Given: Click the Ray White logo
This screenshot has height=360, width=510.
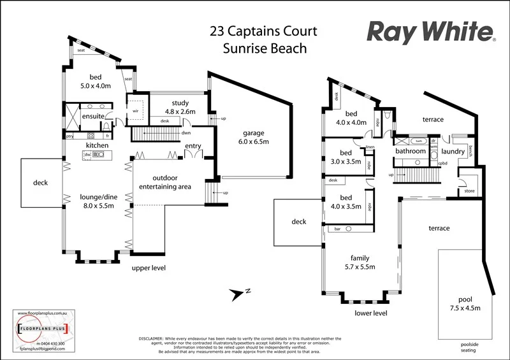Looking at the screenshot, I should pyautogui.click(x=431, y=31).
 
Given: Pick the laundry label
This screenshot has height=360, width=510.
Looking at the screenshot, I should pyautogui.click(x=452, y=152).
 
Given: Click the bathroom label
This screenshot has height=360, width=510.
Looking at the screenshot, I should pyautogui.click(x=410, y=152).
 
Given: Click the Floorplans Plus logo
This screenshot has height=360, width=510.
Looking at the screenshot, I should pyautogui.click(x=43, y=329).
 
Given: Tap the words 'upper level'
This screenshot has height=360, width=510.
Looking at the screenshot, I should pyautogui.click(x=149, y=268).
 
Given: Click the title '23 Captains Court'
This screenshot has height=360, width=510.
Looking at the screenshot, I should pyautogui.click(x=263, y=31).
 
